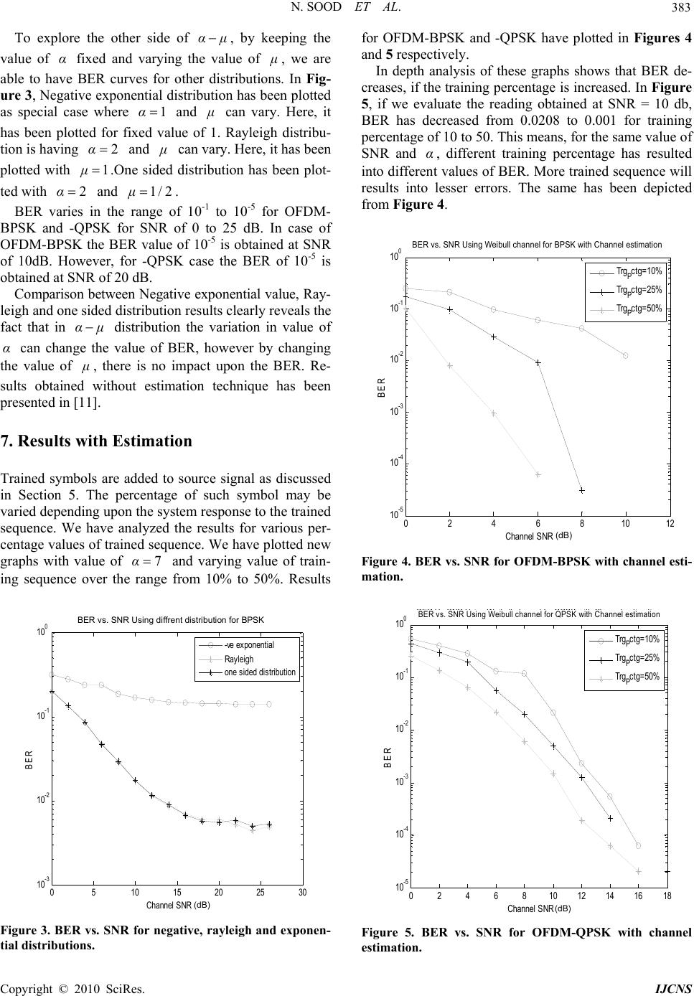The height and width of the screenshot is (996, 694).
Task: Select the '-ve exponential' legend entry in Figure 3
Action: (249, 644)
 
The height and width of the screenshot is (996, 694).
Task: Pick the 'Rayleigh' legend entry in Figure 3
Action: (239, 659)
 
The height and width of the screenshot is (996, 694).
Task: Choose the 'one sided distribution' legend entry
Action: (260, 672)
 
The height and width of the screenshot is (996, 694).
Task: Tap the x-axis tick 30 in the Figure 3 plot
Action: (302, 893)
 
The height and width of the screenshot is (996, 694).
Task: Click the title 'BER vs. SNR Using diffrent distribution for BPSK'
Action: (171, 619)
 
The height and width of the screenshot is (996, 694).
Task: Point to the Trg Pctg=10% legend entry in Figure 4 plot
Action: (638, 271)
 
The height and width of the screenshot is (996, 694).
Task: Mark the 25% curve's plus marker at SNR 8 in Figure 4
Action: (582, 490)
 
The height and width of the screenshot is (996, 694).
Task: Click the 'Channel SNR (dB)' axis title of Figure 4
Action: (538, 535)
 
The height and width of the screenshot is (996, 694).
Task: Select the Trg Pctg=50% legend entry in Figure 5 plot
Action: (637, 676)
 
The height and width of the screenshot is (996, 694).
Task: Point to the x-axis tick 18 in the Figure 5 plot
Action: (667, 897)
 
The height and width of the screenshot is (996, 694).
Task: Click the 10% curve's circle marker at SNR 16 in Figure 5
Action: (638, 846)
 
